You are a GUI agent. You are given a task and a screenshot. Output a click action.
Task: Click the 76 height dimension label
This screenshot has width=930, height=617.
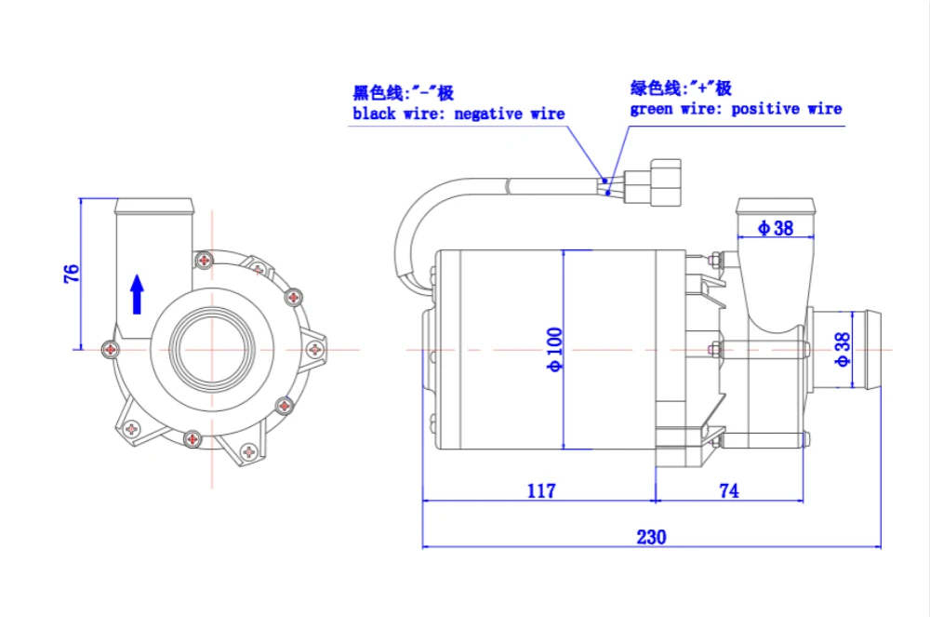point(72,274)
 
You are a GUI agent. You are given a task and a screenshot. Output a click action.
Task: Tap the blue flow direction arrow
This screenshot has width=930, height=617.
point(138,294)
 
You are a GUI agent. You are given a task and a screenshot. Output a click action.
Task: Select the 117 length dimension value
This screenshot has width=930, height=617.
point(541,490)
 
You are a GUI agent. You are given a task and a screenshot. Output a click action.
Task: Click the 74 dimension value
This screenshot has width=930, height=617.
point(729,490)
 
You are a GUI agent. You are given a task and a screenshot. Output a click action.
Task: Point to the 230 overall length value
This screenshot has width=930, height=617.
point(651,537)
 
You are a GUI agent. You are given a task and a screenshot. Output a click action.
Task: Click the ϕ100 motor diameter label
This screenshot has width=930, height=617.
point(554,349)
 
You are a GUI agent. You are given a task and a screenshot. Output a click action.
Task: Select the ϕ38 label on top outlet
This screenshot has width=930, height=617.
point(776,228)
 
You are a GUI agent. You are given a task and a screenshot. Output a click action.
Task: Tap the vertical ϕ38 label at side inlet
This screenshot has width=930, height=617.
point(843,349)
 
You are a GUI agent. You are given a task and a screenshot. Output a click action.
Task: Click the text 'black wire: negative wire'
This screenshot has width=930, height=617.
point(458,114)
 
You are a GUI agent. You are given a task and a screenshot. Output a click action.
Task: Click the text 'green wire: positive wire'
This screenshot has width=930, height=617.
point(736,109)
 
